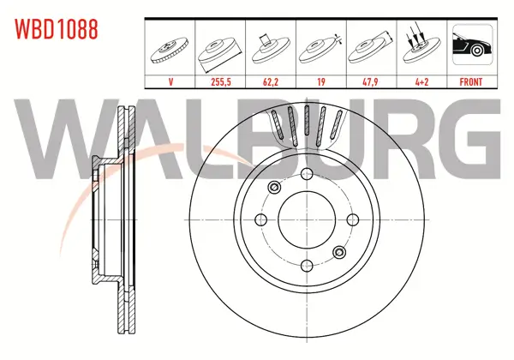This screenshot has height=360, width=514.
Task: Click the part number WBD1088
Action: (x=56, y=29)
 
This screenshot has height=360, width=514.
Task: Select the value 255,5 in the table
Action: (x=221, y=81)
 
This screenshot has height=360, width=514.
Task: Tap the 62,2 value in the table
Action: (x=271, y=81)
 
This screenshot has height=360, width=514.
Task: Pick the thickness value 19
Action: (x=321, y=81)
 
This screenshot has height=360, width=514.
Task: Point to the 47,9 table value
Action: (x=371, y=81)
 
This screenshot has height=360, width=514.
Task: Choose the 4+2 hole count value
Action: (x=421, y=81)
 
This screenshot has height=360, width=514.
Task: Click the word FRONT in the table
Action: (x=471, y=81)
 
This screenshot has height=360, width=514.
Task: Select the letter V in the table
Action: (x=170, y=81)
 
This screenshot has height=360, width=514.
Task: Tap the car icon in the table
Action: (x=472, y=45)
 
